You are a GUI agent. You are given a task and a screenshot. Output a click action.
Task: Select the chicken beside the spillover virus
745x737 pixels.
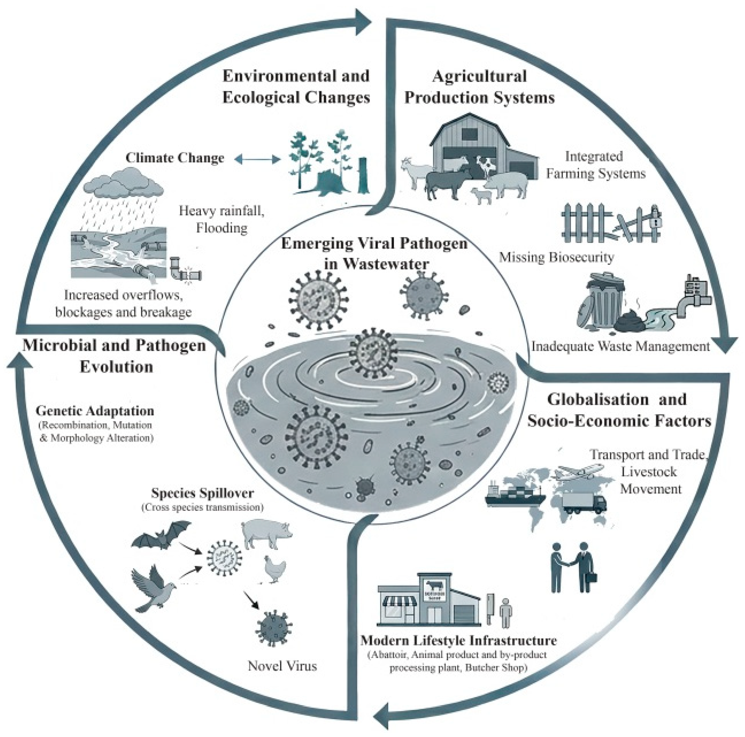tap(275, 569)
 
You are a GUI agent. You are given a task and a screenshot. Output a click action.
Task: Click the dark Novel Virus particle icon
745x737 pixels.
tap(273, 628)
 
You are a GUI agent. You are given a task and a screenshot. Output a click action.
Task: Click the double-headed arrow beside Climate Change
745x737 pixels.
tap(257, 159)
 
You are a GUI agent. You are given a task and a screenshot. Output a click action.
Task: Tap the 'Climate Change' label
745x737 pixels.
tap(175, 158)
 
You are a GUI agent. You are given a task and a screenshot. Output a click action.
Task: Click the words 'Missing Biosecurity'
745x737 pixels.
tap(556, 257)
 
